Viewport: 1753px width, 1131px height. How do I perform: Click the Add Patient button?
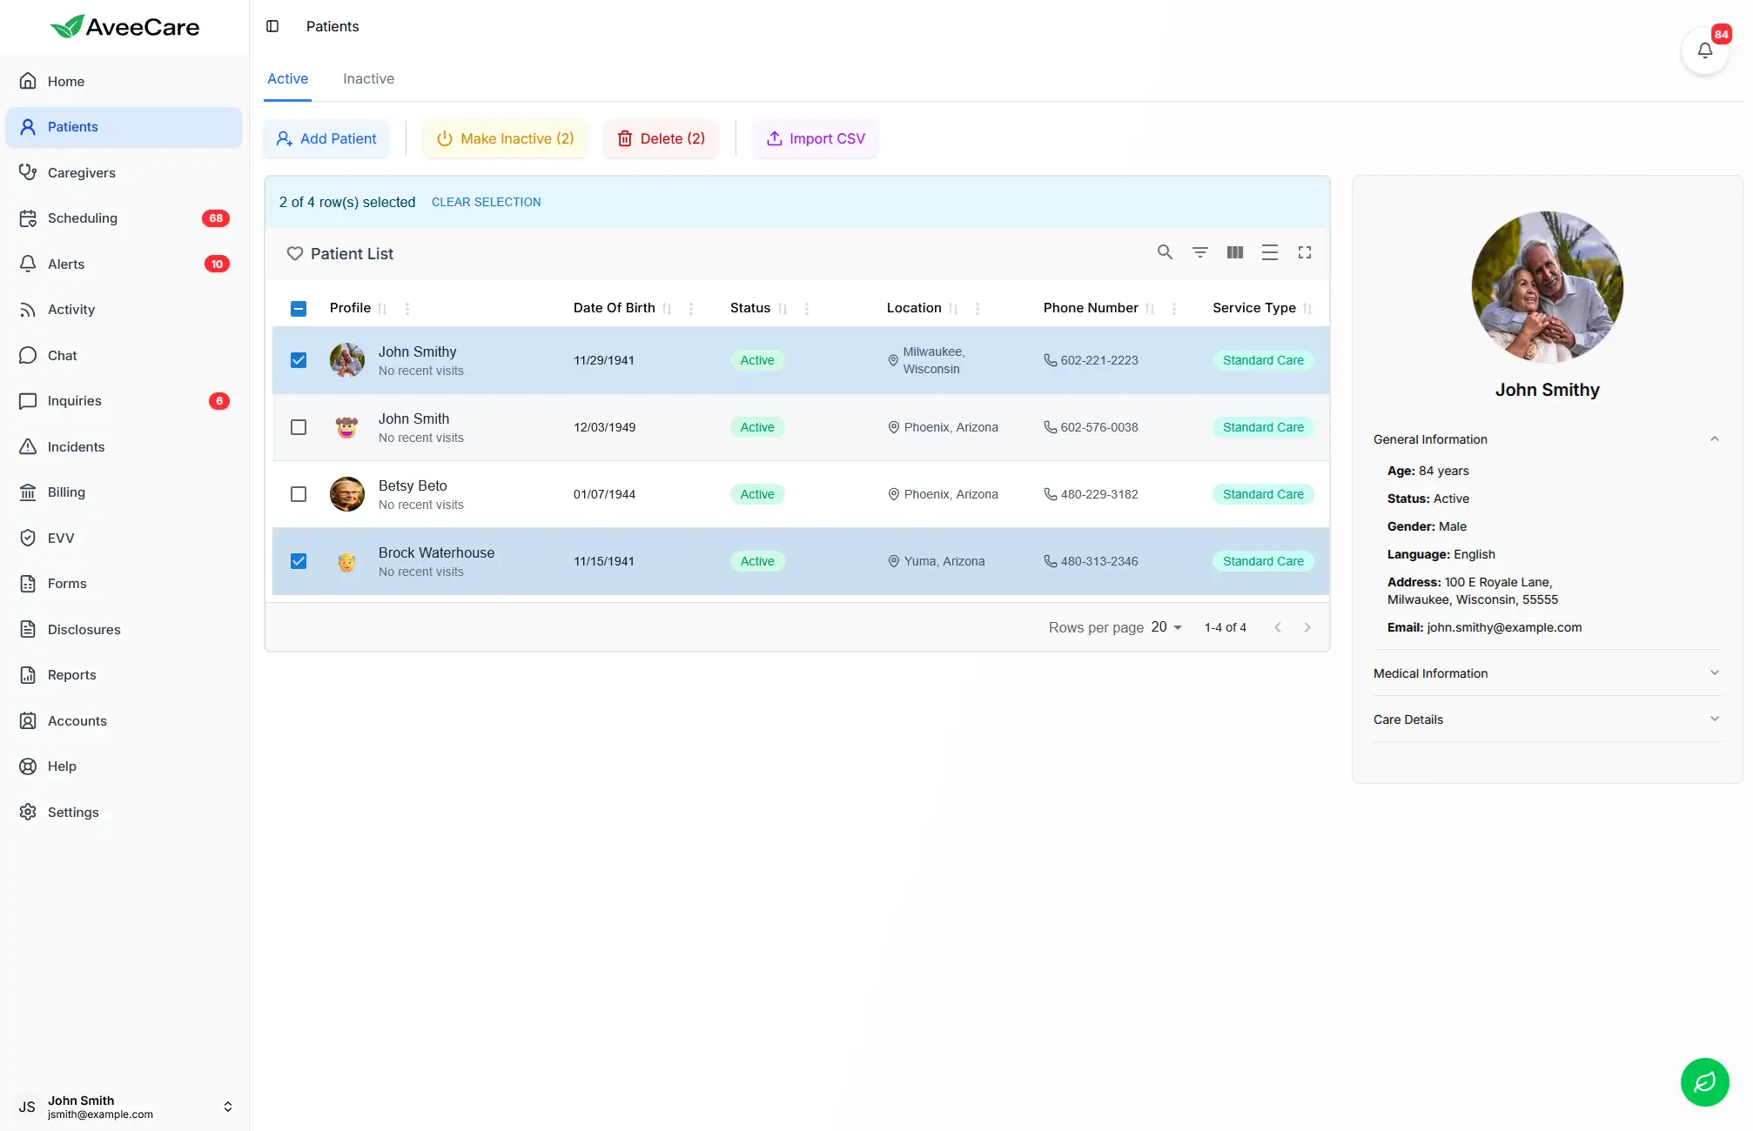coord(326,139)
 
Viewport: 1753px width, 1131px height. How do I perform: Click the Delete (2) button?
coord(662,139)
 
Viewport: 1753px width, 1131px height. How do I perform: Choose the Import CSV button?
coord(816,139)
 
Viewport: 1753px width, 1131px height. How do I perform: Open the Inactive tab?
coord(368,79)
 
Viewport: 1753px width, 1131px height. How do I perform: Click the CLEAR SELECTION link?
coord(486,202)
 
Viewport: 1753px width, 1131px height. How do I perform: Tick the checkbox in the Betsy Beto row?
coord(299,494)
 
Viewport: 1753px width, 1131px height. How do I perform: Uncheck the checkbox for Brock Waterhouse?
coord(299,561)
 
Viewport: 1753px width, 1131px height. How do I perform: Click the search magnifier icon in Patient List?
coord(1165,252)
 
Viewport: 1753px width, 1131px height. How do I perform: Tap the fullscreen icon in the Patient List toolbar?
coord(1305,252)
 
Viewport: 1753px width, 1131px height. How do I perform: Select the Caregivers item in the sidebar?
coord(81,173)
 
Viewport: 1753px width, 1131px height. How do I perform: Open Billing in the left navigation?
coord(66,492)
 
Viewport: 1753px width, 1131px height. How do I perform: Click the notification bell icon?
coord(1704,50)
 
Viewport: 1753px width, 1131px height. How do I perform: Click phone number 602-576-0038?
coord(1098,427)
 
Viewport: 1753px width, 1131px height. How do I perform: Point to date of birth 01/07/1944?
coord(604,494)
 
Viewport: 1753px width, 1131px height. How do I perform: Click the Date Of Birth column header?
coord(614,308)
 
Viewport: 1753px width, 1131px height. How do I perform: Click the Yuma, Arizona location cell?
coord(944,561)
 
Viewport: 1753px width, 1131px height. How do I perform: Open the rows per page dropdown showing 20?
coord(1166,627)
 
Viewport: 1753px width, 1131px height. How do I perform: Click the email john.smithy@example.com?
coord(1504,627)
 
